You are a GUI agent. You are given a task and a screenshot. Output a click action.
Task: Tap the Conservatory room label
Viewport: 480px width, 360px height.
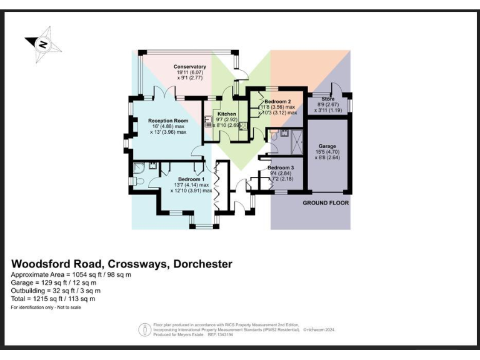click(x=189, y=67)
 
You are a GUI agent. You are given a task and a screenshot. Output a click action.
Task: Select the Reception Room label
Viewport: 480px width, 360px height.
click(x=167, y=120)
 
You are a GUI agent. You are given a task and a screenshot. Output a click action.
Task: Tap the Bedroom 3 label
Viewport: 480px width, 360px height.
click(x=281, y=168)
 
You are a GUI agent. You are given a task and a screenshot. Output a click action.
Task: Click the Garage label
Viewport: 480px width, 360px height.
click(x=327, y=146)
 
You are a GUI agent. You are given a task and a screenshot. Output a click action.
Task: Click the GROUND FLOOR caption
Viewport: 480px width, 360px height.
click(x=326, y=204)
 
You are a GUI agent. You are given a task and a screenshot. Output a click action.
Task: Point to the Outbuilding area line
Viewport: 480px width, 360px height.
click(x=56, y=291)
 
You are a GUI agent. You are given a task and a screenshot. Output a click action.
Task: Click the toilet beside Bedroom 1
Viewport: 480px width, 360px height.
click(x=139, y=181)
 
